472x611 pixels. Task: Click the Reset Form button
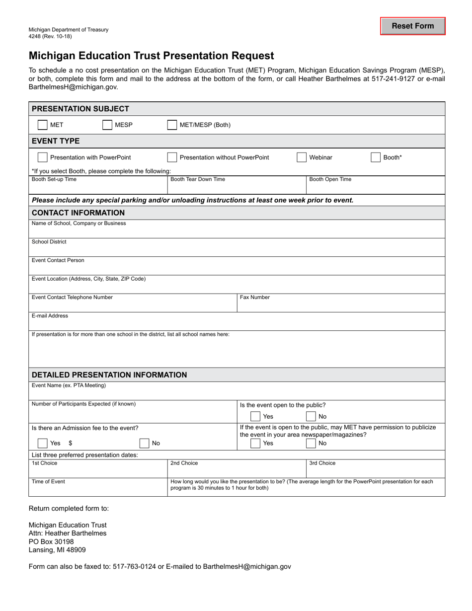click(413, 26)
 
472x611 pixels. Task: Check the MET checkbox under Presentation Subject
click(43, 125)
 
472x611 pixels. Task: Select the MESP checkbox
click(107, 125)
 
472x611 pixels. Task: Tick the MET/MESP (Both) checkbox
click(172, 125)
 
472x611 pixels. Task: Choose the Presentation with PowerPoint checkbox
click(43, 157)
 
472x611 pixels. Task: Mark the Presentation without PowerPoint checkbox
click(172, 157)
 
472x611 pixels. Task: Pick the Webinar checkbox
click(302, 157)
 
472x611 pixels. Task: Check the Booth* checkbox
click(376, 157)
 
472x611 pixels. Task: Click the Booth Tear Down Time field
click(236, 187)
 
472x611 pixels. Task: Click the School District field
click(236, 249)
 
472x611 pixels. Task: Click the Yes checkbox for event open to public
click(255, 416)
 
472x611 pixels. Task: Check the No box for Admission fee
click(144, 443)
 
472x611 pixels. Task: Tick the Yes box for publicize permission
click(255, 443)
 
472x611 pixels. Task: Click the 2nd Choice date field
click(236, 471)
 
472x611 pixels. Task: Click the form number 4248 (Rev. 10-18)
click(51, 37)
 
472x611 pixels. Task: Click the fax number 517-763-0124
click(134, 566)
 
